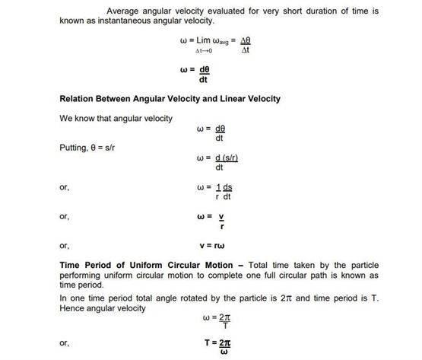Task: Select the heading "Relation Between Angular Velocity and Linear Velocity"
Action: [170, 99]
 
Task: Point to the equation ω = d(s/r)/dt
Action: [217, 162]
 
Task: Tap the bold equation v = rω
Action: [212, 246]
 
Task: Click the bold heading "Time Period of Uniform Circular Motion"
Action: [149, 264]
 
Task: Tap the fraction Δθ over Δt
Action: [245, 45]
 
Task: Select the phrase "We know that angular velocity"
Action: [116, 118]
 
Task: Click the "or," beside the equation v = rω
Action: [64, 246]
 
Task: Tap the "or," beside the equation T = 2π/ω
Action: [64, 343]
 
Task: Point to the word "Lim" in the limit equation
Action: [200, 40]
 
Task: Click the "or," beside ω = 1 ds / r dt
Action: [64, 187]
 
